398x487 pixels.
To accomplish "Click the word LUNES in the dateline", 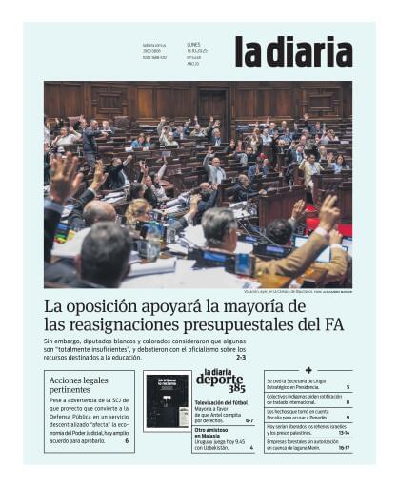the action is [193, 44].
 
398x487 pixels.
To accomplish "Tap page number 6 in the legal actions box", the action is [126, 441].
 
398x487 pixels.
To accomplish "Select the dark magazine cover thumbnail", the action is [167, 399].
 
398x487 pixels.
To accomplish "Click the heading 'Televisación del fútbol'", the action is [221, 403].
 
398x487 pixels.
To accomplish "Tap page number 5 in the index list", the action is [348, 387].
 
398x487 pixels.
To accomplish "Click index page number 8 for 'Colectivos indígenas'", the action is [348, 402].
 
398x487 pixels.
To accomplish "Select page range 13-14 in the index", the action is [345, 432].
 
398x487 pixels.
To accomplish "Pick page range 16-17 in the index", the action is [345, 447].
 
